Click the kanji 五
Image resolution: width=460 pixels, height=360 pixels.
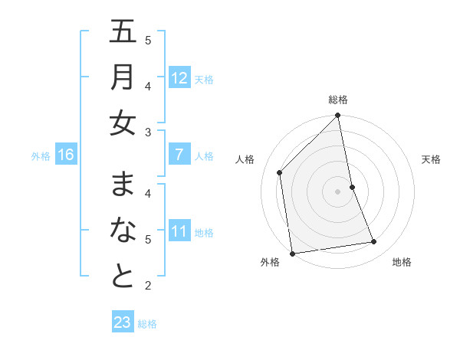coord(123,34)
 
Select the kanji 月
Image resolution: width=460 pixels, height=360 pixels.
coord(123,77)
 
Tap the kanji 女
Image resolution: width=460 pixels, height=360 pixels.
coord(123,123)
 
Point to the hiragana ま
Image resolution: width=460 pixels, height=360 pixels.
coord(123,185)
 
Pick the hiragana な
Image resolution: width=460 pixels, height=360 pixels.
coord(123,231)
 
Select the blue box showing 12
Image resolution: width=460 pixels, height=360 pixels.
coord(179,78)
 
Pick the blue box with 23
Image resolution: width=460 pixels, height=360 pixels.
coord(123,322)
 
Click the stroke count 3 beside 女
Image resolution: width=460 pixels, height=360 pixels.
coord(148,133)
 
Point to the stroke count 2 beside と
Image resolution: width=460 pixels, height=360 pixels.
coord(148,286)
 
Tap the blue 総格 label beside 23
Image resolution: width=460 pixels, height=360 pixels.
coord(147,323)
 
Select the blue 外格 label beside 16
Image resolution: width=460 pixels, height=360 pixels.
coord(41,156)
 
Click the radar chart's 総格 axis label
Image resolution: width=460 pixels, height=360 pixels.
coord(338,100)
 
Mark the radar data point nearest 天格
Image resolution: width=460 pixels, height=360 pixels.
coord(352,187)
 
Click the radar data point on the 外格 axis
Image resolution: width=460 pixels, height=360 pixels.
coord(292,254)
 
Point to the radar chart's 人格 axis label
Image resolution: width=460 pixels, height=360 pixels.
coord(245,159)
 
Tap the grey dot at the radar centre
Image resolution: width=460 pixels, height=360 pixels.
coord(337,191)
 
